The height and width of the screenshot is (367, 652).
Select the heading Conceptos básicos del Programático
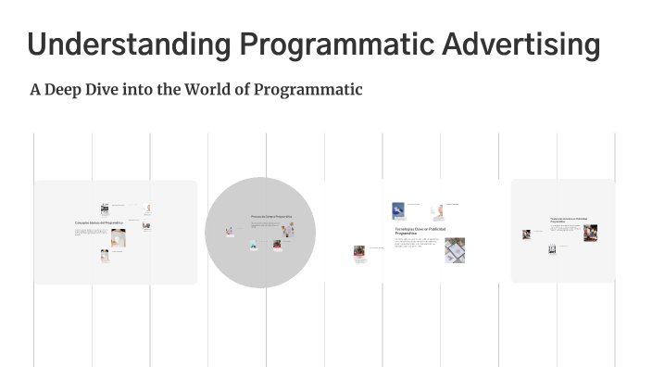tap(98, 223)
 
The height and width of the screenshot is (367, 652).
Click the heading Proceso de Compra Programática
tap(271, 216)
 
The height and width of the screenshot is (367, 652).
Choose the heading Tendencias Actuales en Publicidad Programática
tap(565, 221)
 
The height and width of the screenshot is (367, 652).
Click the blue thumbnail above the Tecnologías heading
tap(398, 210)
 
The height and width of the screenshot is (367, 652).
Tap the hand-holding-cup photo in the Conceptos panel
tap(118, 238)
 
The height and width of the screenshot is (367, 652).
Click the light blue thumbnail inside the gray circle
tap(252, 245)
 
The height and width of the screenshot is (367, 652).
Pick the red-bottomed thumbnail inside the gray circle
tap(276, 246)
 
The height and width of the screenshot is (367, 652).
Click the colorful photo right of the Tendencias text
tap(590, 233)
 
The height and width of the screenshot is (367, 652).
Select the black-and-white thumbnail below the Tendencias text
tap(552, 248)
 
